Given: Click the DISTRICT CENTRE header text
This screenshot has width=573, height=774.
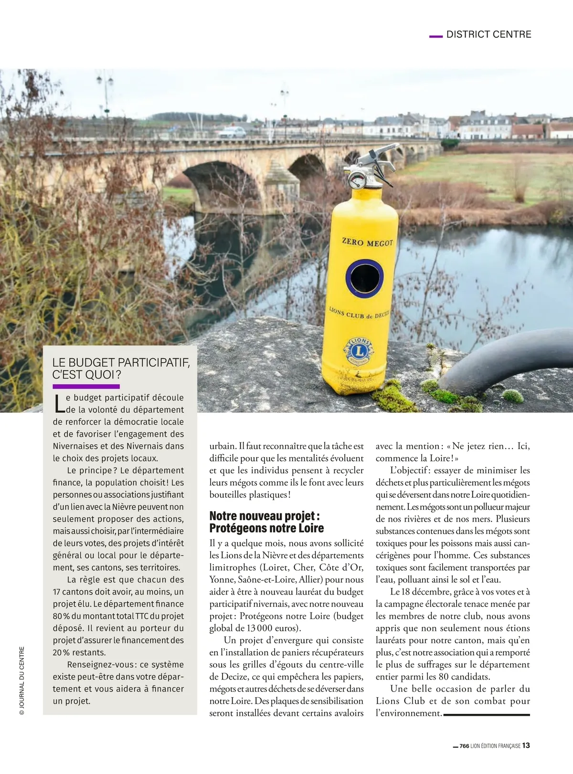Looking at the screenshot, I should point(488,34).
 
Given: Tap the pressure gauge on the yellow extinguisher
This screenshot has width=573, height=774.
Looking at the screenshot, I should point(357,180).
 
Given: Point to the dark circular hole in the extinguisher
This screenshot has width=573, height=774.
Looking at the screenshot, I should point(364,277).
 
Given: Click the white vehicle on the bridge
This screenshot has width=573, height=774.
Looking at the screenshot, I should point(232,132).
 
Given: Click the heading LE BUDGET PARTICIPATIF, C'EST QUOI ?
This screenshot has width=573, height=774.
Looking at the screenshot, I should point(120,368).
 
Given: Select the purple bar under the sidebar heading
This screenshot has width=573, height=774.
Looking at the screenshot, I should point(86,386).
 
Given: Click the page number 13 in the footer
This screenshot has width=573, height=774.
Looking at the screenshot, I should point(526,745).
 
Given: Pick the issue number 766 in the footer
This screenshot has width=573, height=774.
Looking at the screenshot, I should point(464,746).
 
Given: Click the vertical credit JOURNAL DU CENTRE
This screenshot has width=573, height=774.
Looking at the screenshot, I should point(21,680).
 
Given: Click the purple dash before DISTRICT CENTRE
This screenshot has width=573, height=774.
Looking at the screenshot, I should point(436,35).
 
